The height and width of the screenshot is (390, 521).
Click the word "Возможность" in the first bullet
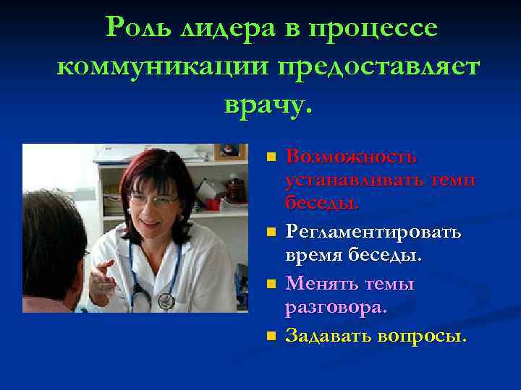351,157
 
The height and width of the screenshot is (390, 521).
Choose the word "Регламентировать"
373,233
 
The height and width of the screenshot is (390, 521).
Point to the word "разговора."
336,308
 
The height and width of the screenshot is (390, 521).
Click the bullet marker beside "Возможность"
271,157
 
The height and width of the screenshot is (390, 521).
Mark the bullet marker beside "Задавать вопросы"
271,336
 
